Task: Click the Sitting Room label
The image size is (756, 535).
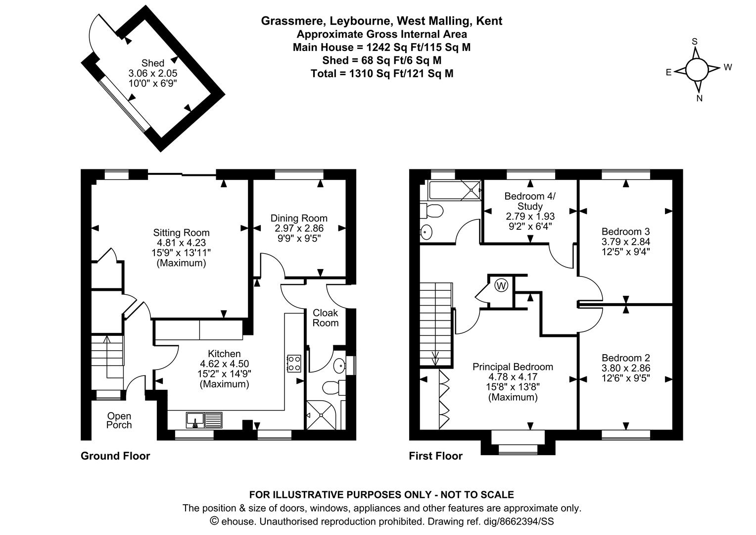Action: point(181,232)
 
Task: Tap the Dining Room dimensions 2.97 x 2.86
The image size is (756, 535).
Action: point(299,228)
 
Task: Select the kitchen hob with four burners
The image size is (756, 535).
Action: point(294,363)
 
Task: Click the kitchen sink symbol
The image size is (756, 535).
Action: point(205,420)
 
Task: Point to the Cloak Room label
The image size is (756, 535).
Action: point(325,318)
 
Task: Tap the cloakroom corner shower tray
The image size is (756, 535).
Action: point(321,414)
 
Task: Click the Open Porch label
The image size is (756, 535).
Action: point(119,421)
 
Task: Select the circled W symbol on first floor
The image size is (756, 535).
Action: point(501,285)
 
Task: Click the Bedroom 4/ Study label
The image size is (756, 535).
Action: point(530,201)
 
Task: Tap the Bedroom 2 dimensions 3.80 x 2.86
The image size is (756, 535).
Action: point(625,368)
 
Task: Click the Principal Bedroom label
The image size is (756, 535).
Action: point(513,367)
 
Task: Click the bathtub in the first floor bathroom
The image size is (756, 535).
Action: point(450,190)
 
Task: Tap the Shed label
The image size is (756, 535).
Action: point(153,63)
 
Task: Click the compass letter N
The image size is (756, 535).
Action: point(699,98)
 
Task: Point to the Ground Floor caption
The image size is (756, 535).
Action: point(115,456)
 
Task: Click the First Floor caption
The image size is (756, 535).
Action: point(435,456)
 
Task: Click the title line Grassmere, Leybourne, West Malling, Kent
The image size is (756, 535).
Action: point(381,21)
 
